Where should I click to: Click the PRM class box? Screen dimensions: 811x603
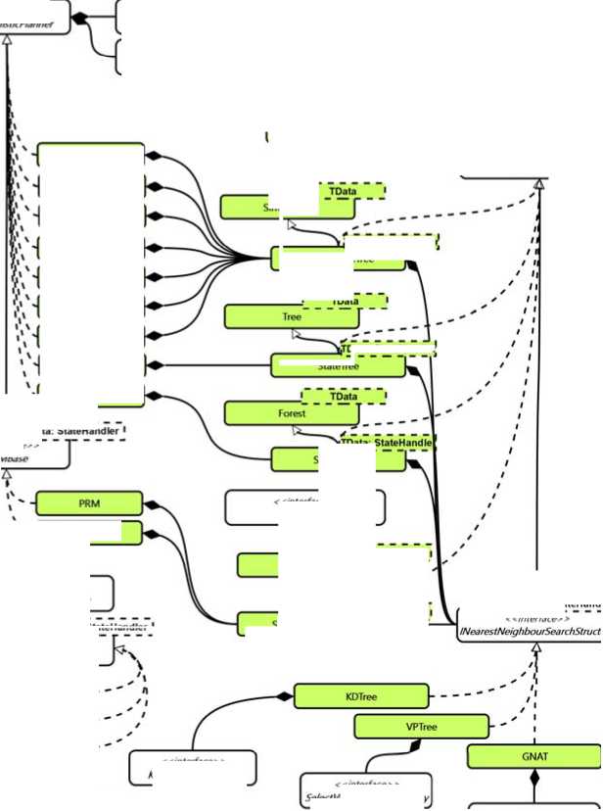click(89, 503)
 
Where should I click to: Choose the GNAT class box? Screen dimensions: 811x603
click(534, 757)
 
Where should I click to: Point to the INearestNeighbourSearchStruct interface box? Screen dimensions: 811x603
click(529, 627)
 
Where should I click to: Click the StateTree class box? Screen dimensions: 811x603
click(338, 366)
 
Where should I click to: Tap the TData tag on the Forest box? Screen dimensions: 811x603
click(344, 397)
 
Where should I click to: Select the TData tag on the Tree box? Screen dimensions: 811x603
click(344, 302)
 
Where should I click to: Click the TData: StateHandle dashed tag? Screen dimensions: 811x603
click(386, 443)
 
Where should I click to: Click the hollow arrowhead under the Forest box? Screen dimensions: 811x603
click(292, 430)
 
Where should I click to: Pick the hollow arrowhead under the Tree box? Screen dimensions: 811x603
click(292, 334)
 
